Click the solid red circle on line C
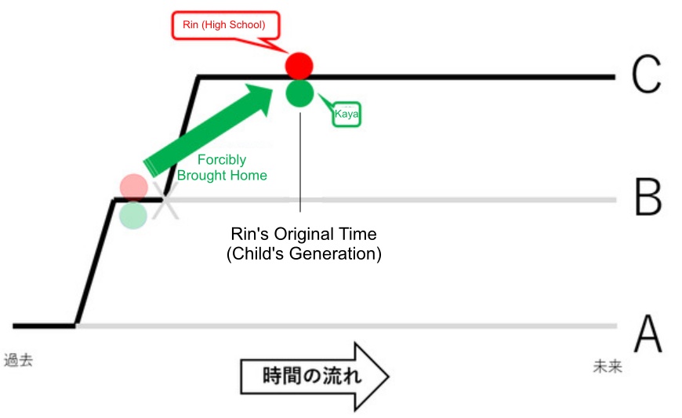[299, 66]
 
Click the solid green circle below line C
[299, 93]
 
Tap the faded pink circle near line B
[134, 187]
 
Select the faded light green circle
[133, 215]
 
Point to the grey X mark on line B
[165, 200]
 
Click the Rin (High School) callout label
[225, 25]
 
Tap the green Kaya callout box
[346, 114]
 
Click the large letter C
[647, 75]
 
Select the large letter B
[648, 197]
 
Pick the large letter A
[648, 333]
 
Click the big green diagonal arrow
[208, 131]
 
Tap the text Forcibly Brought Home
[222, 168]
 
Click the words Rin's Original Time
[303, 234]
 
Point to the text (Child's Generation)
[303, 253]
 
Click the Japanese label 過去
[18, 360]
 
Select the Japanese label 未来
[608, 366]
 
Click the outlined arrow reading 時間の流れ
[314, 376]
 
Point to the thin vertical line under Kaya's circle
[300, 162]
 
